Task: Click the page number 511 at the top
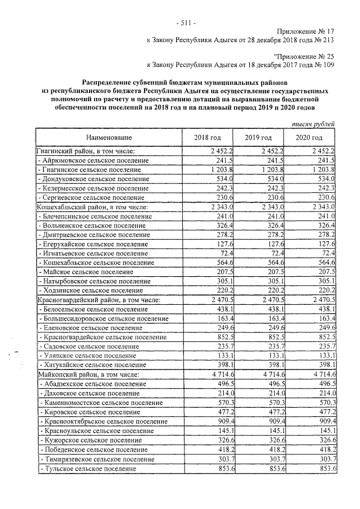pos(186,23)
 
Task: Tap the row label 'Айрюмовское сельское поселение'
pos(90,160)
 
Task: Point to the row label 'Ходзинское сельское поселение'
pos(90,290)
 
